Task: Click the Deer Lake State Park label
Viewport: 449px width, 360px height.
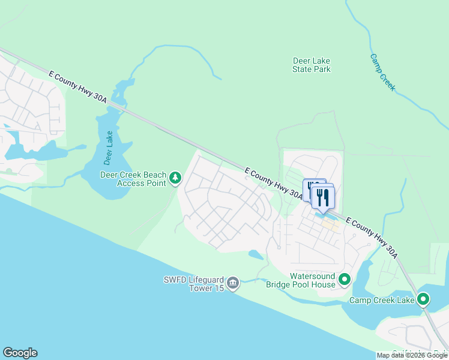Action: pos(311,65)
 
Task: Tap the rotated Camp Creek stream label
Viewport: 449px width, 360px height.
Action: pos(382,73)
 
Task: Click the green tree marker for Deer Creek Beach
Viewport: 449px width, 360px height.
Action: pos(175,178)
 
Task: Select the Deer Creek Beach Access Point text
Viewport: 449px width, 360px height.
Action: pos(132,179)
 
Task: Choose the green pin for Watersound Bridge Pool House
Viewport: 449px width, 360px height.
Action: pos(345,279)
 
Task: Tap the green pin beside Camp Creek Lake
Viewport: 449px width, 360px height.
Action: pos(423,298)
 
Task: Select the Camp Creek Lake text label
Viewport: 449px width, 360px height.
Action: pos(382,299)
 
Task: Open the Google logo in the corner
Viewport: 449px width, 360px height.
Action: pos(20,353)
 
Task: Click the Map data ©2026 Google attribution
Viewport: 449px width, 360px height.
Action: pos(412,355)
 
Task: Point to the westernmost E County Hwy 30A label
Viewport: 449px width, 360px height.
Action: pos(77,87)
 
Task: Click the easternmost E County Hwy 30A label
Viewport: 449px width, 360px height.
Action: pos(372,237)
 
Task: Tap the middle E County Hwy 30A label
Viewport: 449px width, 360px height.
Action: pos(274,183)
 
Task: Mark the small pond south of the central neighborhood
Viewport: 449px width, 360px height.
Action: pos(255,255)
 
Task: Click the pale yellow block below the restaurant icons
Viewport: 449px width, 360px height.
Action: pos(330,225)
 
